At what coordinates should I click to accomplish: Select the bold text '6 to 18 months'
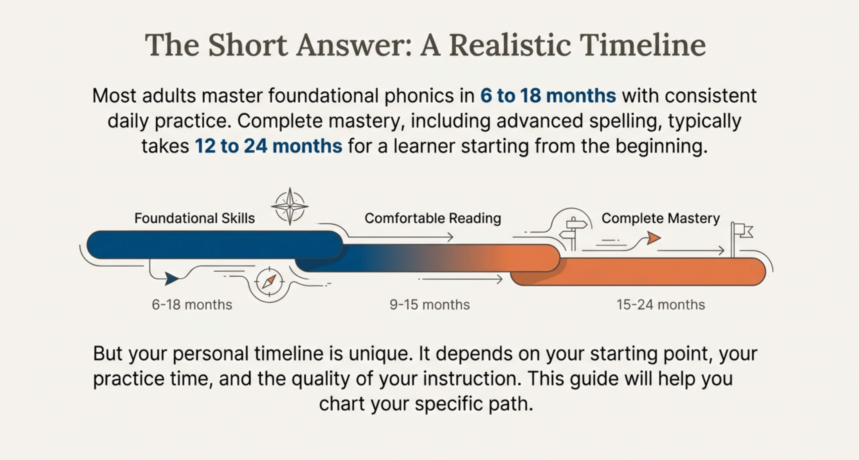coord(548,96)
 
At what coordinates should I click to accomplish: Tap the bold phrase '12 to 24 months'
coord(268,146)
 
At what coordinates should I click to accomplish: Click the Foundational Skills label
coord(195,219)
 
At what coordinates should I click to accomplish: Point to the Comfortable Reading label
coord(433,219)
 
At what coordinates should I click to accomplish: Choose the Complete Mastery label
coord(661,219)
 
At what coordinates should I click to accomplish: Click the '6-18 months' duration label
coord(192,305)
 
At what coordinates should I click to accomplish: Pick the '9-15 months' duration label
coord(429,305)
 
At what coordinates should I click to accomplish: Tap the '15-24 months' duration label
coord(661,305)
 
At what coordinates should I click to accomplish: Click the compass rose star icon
coord(290,206)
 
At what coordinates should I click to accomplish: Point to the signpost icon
coord(574,233)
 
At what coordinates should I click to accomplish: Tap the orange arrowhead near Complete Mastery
coord(653,238)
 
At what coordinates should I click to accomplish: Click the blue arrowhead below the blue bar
coord(171,279)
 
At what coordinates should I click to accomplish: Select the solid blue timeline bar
coord(215,245)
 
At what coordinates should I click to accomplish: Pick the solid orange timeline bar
coord(638,272)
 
